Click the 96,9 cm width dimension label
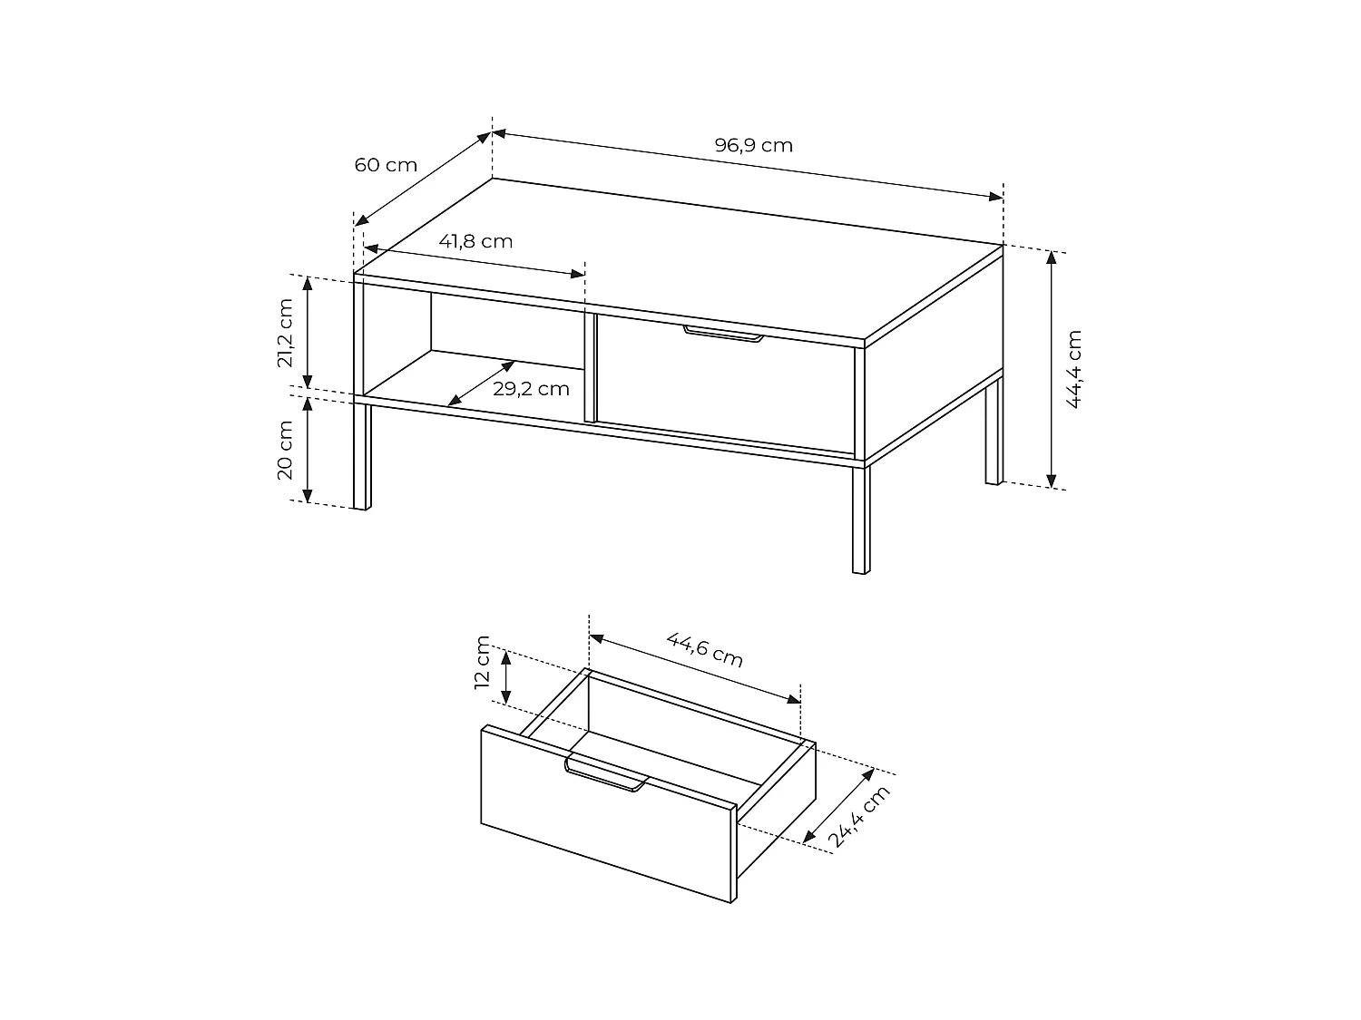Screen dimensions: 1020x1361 753,145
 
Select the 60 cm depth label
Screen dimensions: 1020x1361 386,165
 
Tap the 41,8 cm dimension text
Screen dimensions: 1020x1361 475,241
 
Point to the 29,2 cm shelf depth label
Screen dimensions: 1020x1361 531,389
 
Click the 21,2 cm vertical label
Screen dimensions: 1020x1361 285,333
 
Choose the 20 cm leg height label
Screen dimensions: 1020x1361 285,450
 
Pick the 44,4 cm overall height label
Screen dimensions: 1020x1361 1074,369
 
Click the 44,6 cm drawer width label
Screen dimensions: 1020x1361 705,649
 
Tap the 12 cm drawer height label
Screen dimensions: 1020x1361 483,663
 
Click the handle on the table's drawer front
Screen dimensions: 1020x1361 723,335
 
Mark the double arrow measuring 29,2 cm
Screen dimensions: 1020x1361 482,383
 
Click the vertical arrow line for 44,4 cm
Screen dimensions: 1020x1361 1052,369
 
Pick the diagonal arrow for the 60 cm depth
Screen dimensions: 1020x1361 423,179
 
